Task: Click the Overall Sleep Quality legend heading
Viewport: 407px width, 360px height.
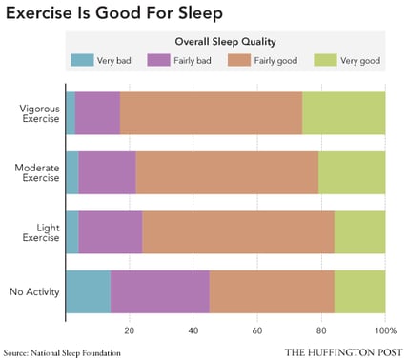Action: coord(226,43)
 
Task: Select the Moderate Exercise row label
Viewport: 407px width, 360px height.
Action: coord(36,173)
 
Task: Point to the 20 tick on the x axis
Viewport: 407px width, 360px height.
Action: coord(130,330)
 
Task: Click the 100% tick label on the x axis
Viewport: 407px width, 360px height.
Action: coord(384,330)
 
